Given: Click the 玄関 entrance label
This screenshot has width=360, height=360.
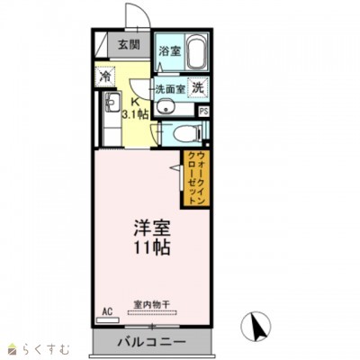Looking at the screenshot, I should coord(129,45).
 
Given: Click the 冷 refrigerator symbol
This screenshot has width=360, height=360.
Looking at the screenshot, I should coord(105,77).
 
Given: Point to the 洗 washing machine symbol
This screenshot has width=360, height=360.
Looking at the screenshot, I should coord(198,88).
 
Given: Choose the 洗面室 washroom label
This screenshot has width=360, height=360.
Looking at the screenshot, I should coord(168,89).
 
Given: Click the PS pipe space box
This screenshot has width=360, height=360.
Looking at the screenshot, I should coord(204,111).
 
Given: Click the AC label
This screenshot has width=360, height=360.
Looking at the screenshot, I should coord(107,310).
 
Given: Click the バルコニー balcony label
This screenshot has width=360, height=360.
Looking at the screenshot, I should coord(150,343).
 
